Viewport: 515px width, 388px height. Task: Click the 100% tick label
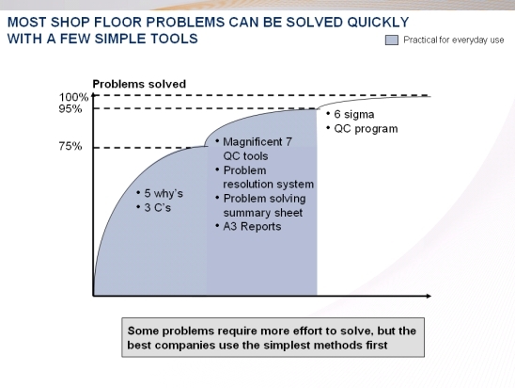[73, 97]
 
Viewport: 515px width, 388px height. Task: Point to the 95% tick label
[70, 108]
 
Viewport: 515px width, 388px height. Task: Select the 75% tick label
[70, 146]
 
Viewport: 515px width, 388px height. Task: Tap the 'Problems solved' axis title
[139, 84]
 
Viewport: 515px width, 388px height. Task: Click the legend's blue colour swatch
[392, 40]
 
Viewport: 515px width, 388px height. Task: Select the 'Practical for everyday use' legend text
[454, 40]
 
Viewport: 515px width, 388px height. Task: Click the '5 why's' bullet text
[164, 193]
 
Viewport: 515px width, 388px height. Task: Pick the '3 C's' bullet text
[158, 208]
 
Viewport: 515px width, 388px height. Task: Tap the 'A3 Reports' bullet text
[252, 226]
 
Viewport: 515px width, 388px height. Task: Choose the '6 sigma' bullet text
[354, 115]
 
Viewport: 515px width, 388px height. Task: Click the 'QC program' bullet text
[366, 129]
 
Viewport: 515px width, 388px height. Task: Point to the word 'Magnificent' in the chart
[253, 142]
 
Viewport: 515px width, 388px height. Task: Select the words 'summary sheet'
[263, 213]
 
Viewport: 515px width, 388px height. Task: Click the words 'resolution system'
[269, 184]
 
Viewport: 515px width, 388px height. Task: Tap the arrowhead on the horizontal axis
[429, 296]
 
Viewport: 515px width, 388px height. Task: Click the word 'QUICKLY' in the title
[378, 23]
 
